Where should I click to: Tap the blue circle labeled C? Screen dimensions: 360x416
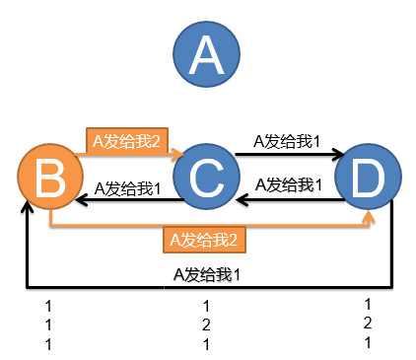point(205,178)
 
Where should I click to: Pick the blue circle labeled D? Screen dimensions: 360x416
point(367,178)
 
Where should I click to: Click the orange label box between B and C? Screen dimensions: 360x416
point(125,140)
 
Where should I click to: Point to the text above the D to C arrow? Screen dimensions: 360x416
point(290,183)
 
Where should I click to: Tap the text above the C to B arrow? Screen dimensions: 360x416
point(128,187)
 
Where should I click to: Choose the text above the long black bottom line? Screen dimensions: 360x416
point(206,273)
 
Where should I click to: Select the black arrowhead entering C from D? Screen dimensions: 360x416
point(243,200)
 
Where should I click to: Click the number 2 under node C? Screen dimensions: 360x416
point(207,324)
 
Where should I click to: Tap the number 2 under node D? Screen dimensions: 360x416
point(368,323)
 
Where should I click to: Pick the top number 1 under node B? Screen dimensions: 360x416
point(46,308)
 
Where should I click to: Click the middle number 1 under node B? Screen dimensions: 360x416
point(46,324)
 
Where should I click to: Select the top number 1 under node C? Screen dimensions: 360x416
point(207,308)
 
